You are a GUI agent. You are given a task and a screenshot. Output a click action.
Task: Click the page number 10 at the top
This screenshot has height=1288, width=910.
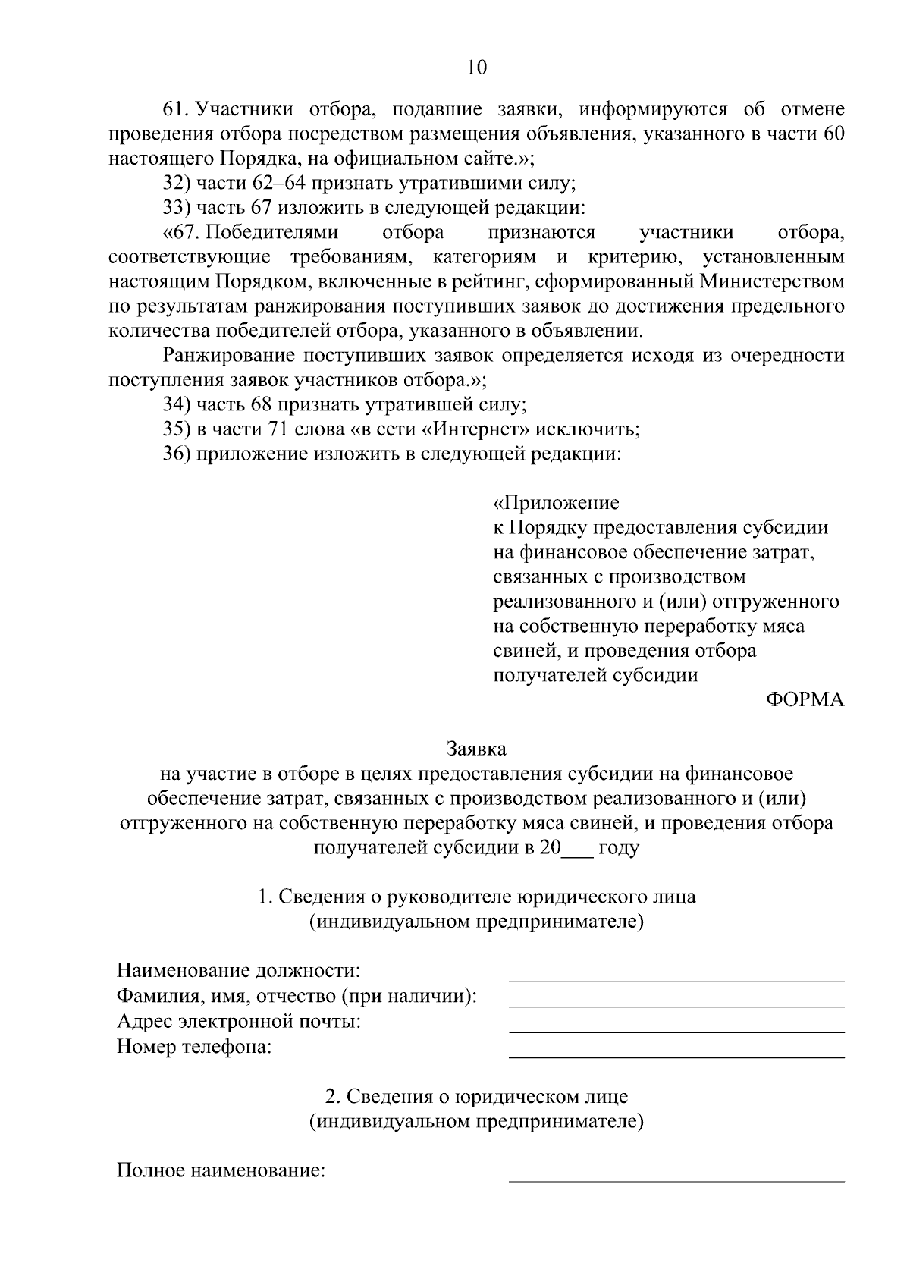click(477, 68)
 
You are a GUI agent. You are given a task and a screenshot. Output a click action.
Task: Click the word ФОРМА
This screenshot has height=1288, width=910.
click(805, 700)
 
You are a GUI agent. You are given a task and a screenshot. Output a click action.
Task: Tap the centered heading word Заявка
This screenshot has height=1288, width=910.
click(476, 749)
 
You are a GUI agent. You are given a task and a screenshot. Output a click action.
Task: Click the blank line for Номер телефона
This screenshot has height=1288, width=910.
click(676, 1056)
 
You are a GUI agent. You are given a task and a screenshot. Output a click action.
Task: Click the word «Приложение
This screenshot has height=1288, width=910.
click(556, 503)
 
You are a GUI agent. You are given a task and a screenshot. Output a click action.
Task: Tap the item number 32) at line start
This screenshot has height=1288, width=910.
click(177, 183)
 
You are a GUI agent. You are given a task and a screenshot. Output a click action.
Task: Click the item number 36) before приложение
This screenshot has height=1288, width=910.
click(177, 454)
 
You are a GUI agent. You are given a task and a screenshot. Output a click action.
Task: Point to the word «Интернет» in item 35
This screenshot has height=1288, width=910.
click(475, 429)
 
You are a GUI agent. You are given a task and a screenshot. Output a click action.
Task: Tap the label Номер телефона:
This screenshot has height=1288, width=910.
click(194, 1048)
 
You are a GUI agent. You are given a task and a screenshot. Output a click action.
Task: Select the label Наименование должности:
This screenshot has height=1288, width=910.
click(239, 970)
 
